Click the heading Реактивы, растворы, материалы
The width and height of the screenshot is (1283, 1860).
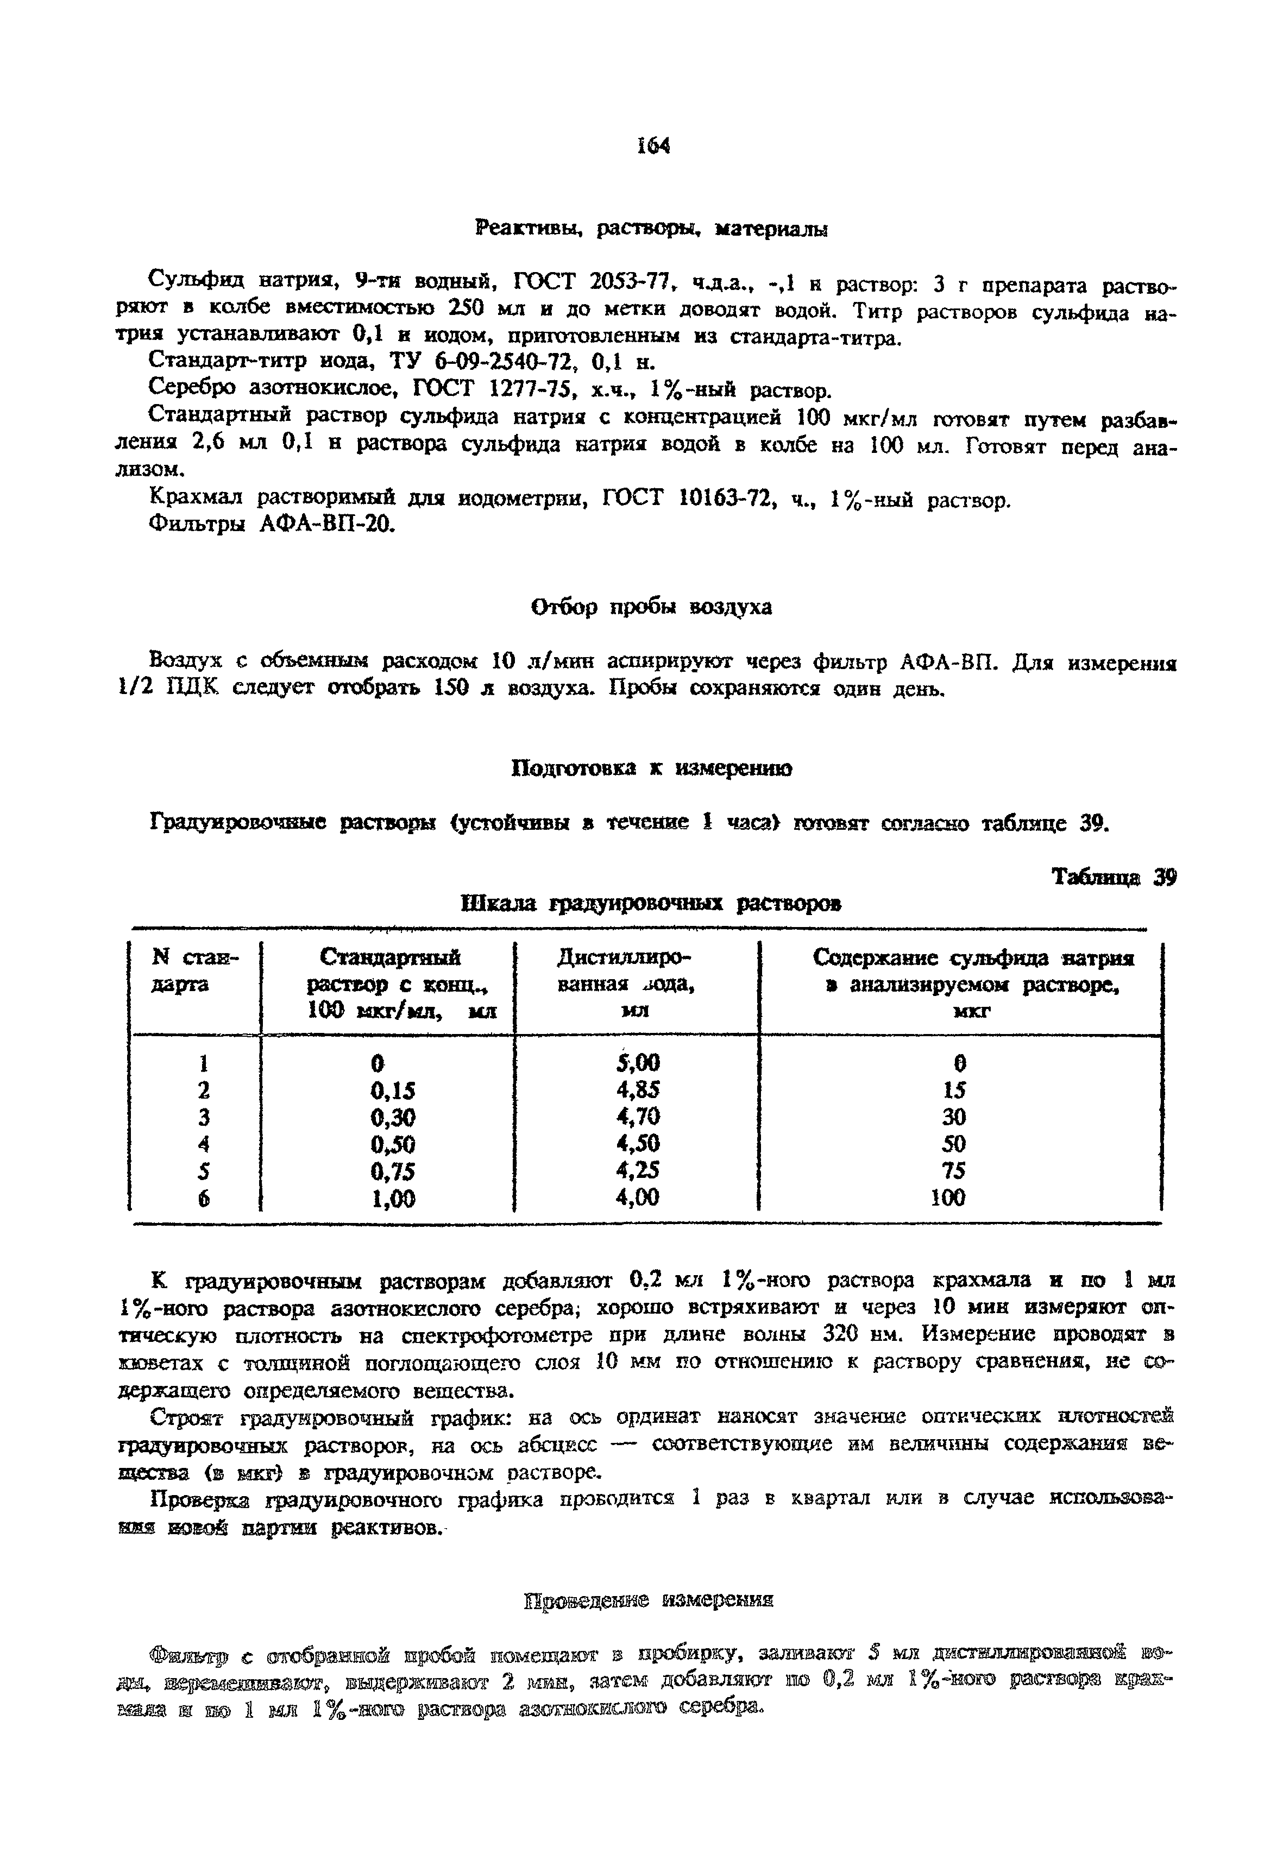[x=651, y=230]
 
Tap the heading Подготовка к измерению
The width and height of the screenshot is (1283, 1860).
[x=652, y=768]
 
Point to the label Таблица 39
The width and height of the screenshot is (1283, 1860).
[x=1114, y=877]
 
